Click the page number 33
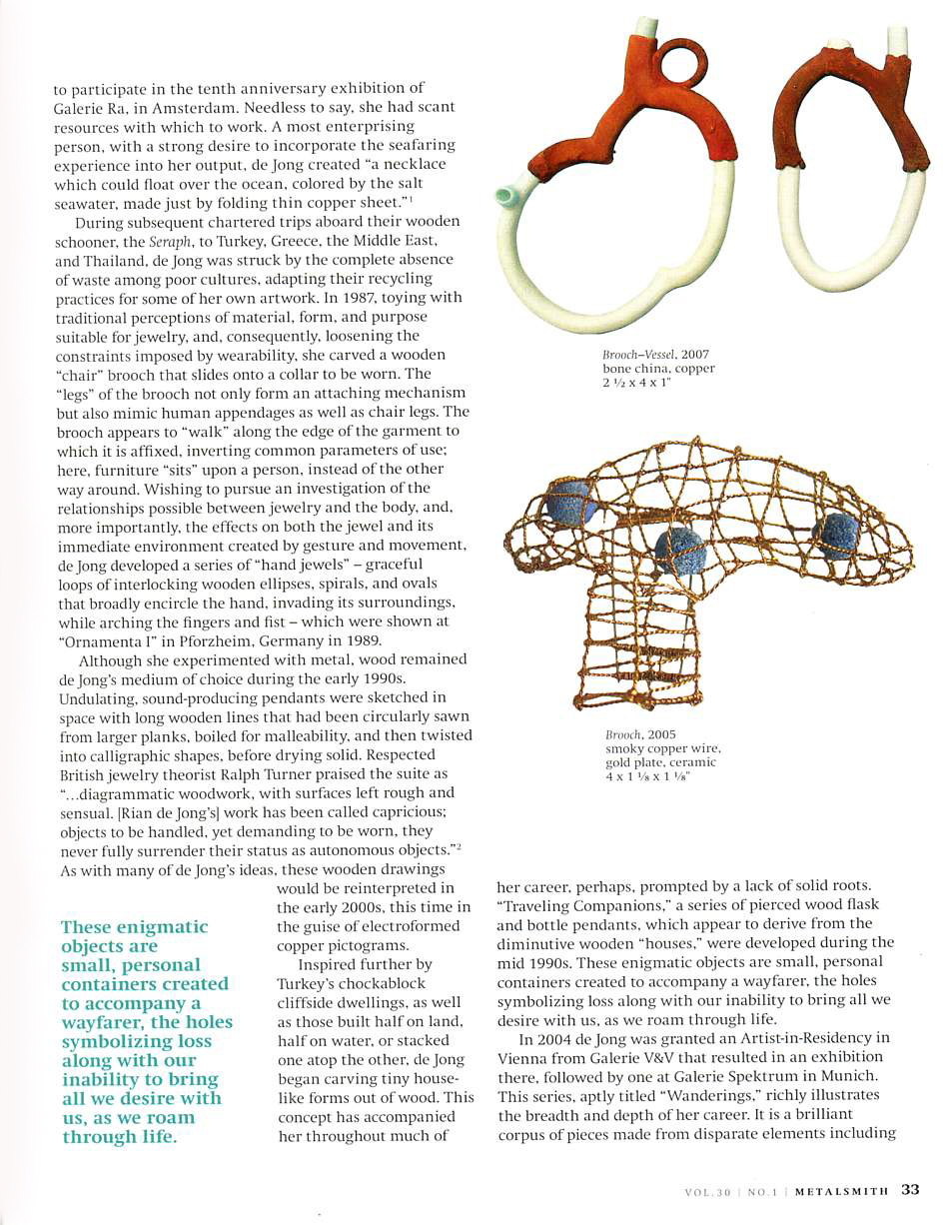909,1190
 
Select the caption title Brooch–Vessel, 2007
655,355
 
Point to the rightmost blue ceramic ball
836,533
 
